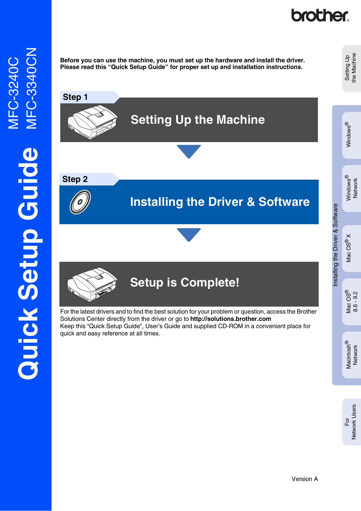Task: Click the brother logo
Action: (x=320, y=15)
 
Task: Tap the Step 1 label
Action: (x=75, y=97)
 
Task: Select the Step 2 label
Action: (x=75, y=179)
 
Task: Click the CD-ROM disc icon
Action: (x=80, y=202)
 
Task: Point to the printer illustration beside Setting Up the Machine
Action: (x=92, y=122)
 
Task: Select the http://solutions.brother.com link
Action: (x=231, y=319)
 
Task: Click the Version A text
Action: (x=305, y=479)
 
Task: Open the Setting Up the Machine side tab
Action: (x=352, y=68)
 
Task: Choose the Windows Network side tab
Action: (x=352, y=188)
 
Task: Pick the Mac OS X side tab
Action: (x=352, y=248)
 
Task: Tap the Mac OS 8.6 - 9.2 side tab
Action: (x=352, y=302)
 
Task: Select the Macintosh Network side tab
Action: (x=352, y=355)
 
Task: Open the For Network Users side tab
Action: (x=352, y=422)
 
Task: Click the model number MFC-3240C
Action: (x=13, y=93)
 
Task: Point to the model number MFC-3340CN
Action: (x=31, y=88)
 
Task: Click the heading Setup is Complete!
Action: (x=185, y=282)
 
